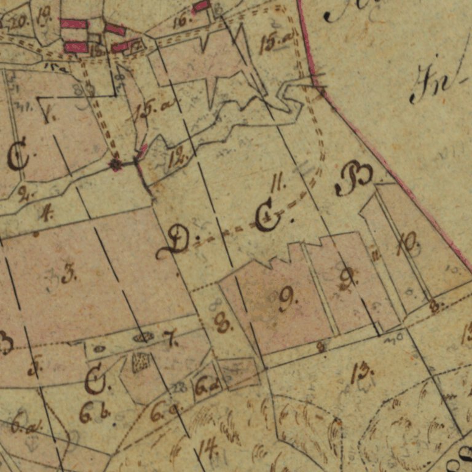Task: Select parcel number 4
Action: tap(45, 213)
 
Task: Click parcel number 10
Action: tap(406, 244)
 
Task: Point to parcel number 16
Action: tap(183, 20)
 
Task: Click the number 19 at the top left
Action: tap(43, 17)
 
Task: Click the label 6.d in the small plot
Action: tap(207, 387)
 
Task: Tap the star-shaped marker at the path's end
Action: tap(115, 164)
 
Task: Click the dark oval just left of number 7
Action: tap(143, 337)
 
